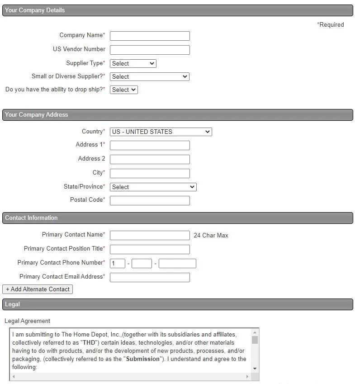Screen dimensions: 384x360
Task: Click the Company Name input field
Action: [150, 36]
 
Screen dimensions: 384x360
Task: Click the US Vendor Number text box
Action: [150, 50]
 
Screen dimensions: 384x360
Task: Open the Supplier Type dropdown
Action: [133, 63]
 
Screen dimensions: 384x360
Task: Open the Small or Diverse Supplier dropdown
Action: [149, 76]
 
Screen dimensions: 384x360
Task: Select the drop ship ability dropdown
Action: [123, 90]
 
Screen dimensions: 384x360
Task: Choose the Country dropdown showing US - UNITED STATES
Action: [161, 132]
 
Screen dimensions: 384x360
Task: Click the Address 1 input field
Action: [150, 145]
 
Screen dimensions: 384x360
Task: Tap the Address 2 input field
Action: [150, 159]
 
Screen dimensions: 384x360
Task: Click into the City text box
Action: [150, 173]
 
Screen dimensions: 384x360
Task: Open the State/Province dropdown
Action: [153, 187]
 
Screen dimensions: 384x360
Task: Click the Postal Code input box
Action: [150, 200]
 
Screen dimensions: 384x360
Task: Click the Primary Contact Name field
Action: [150, 235]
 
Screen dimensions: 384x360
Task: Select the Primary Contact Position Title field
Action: [150, 249]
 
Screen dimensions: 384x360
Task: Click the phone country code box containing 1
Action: [118, 263]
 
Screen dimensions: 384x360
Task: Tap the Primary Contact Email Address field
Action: [150, 277]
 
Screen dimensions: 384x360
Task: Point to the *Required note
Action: [331, 25]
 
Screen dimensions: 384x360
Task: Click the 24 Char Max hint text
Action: [211, 236]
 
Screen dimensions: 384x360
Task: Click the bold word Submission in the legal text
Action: [143, 359]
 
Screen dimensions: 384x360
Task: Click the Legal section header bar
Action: [177, 304]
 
